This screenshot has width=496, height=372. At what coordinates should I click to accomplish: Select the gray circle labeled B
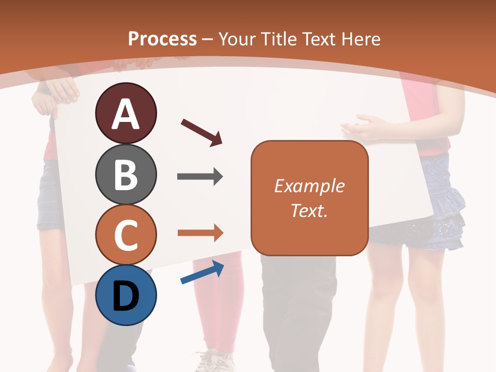pyautogui.click(x=126, y=174)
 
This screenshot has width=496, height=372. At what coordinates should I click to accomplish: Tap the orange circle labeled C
pyautogui.click(x=126, y=235)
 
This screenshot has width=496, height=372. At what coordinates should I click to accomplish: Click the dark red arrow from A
pyautogui.click(x=202, y=132)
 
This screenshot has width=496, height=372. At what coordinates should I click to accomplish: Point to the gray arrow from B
pyautogui.click(x=200, y=177)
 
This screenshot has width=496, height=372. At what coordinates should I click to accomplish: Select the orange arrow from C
pyautogui.click(x=200, y=233)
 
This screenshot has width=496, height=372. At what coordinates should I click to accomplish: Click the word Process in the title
pyautogui.click(x=162, y=39)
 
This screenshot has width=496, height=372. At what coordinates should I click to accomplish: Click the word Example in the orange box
pyautogui.click(x=309, y=186)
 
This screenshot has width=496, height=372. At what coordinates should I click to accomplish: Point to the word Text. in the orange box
pyautogui.click(x=309, y=210)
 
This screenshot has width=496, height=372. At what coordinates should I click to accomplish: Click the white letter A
pyautogui.click(x=126, y=114)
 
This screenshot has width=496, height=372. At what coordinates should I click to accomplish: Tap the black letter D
pyautogui.click(x=126, y=297)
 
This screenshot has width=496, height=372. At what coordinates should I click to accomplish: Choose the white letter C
pyautogui.click(x=126, y=236)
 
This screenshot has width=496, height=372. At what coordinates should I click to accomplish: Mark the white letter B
pyautogui.click(x=126, y=175)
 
